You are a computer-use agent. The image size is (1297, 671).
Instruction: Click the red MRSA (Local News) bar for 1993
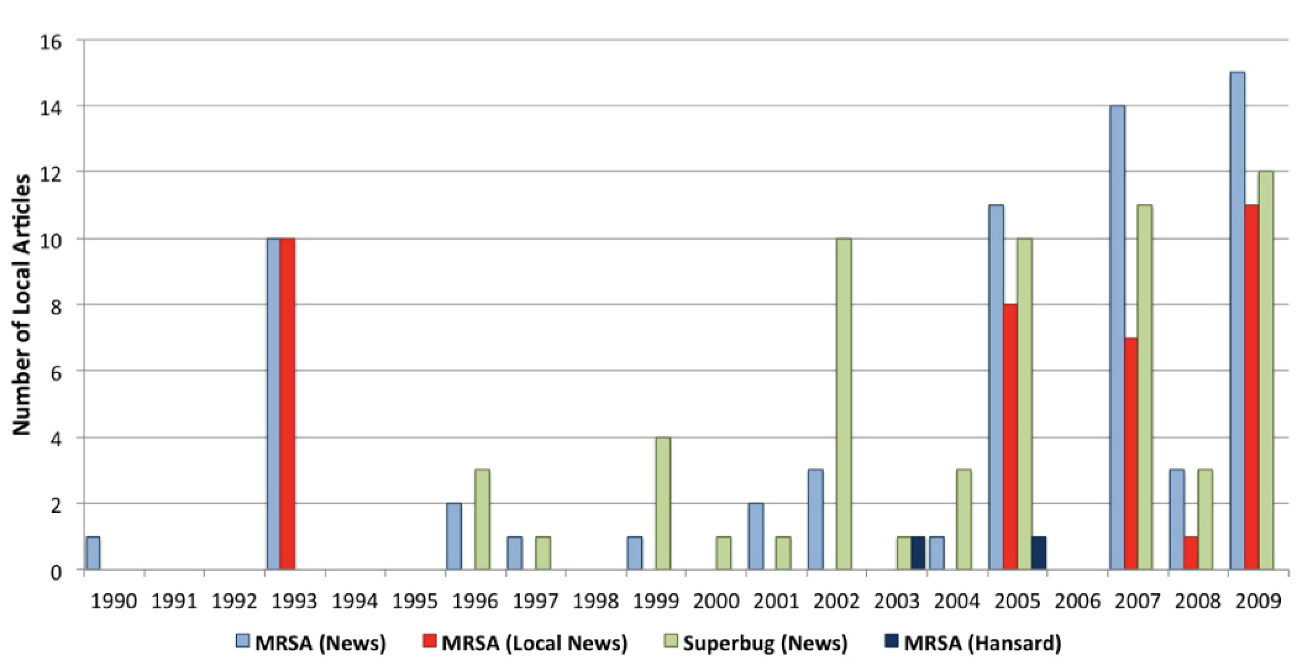click(x=287, y=404)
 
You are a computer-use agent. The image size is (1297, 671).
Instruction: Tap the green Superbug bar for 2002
click(x=844, y=404)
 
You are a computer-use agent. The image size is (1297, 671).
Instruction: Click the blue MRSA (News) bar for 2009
click(x=1237, y=321)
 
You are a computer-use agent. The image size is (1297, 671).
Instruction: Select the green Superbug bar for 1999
click(x=663, y=504)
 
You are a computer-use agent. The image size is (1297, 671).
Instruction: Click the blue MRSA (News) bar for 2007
click(x=1117, y=337)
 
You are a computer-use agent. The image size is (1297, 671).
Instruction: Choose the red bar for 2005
click(x=1010, y=437)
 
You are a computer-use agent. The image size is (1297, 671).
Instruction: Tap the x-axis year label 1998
click(x=596, y=601)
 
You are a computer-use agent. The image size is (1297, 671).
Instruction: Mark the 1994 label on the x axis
click(x=355, y=601)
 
